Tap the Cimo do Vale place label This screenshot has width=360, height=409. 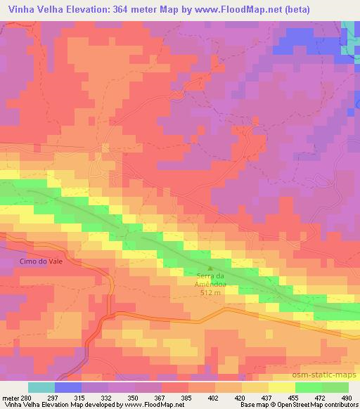(32, 261)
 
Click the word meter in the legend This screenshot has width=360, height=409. (11, 397)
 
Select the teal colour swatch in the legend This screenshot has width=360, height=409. (41, 387)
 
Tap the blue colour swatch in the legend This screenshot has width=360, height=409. (68, 387)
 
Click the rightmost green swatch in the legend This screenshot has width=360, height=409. (335, 387)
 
